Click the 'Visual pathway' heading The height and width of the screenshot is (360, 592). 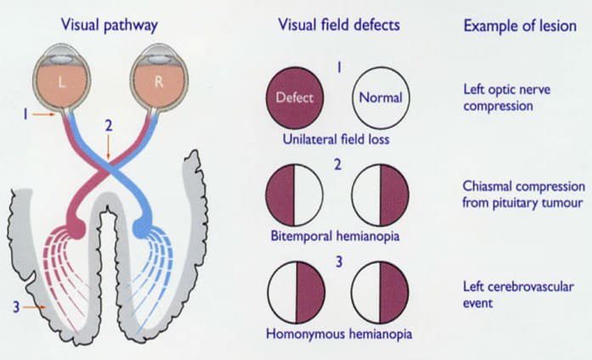click(x=109, y=25)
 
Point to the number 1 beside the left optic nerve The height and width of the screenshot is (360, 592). click(x=25, y=112)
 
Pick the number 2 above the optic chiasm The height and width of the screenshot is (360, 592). click(x=109, y=125)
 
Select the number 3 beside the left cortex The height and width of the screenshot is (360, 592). click(x=16, y=307)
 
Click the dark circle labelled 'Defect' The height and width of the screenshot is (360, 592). click(x=295, y=98)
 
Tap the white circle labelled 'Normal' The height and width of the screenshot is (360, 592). click(x=379, y=98)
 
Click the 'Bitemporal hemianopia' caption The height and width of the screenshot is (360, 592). click(x=337, y=234)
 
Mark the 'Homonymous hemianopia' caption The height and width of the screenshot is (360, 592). click(x=336, y=332)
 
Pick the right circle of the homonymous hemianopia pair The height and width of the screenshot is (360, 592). click(x=379, y=292)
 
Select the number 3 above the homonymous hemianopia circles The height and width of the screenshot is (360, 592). click(x=337, y=261)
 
